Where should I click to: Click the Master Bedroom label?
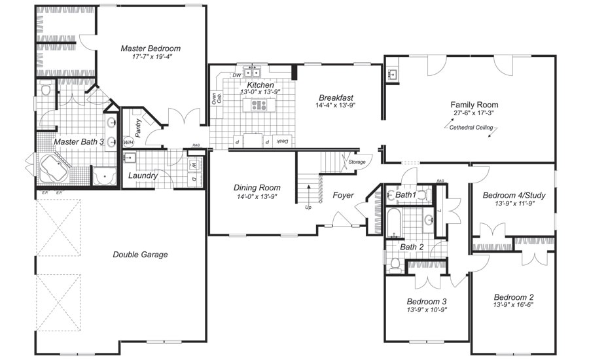click(x=151, y=48)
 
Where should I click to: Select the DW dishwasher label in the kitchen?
click(x=236, y=75)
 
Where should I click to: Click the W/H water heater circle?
click(x=128, y=142)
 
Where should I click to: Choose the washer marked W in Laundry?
click(x=194, y=164)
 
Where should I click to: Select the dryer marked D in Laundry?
click(x=194, y=178)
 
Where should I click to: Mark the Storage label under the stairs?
click(x=357, y=161)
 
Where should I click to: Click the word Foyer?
click(x=344, y=195)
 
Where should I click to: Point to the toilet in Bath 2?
click(x=395, y=264)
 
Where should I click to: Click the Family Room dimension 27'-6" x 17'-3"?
click(x=474, y=113)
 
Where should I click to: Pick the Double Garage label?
click(x=140, y=255)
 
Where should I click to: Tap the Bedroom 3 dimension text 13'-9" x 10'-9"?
click(x=427, y=310)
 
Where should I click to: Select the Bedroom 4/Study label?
click(x=514, y=195)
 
